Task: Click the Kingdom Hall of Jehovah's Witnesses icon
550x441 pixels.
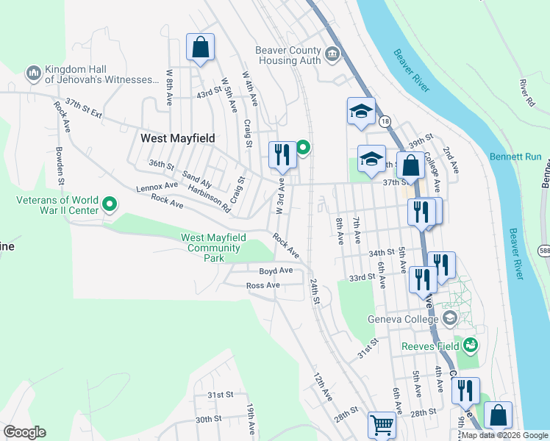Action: pos(33,73)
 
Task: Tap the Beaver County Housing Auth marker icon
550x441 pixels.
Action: pos(332,54)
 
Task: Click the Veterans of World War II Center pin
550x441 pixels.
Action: pos(110,204)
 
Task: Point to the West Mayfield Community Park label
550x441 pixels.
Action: pos(213,248)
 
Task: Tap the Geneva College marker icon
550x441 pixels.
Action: pos(449,318)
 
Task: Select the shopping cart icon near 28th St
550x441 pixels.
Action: pos(381,424)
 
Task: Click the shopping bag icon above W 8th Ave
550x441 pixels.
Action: pos(200,49)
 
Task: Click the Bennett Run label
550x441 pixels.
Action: pos(515,157)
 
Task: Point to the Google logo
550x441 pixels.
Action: pos(24,432)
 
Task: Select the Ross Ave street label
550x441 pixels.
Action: pos(262,285)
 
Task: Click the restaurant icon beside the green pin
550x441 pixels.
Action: pos(282,154)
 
